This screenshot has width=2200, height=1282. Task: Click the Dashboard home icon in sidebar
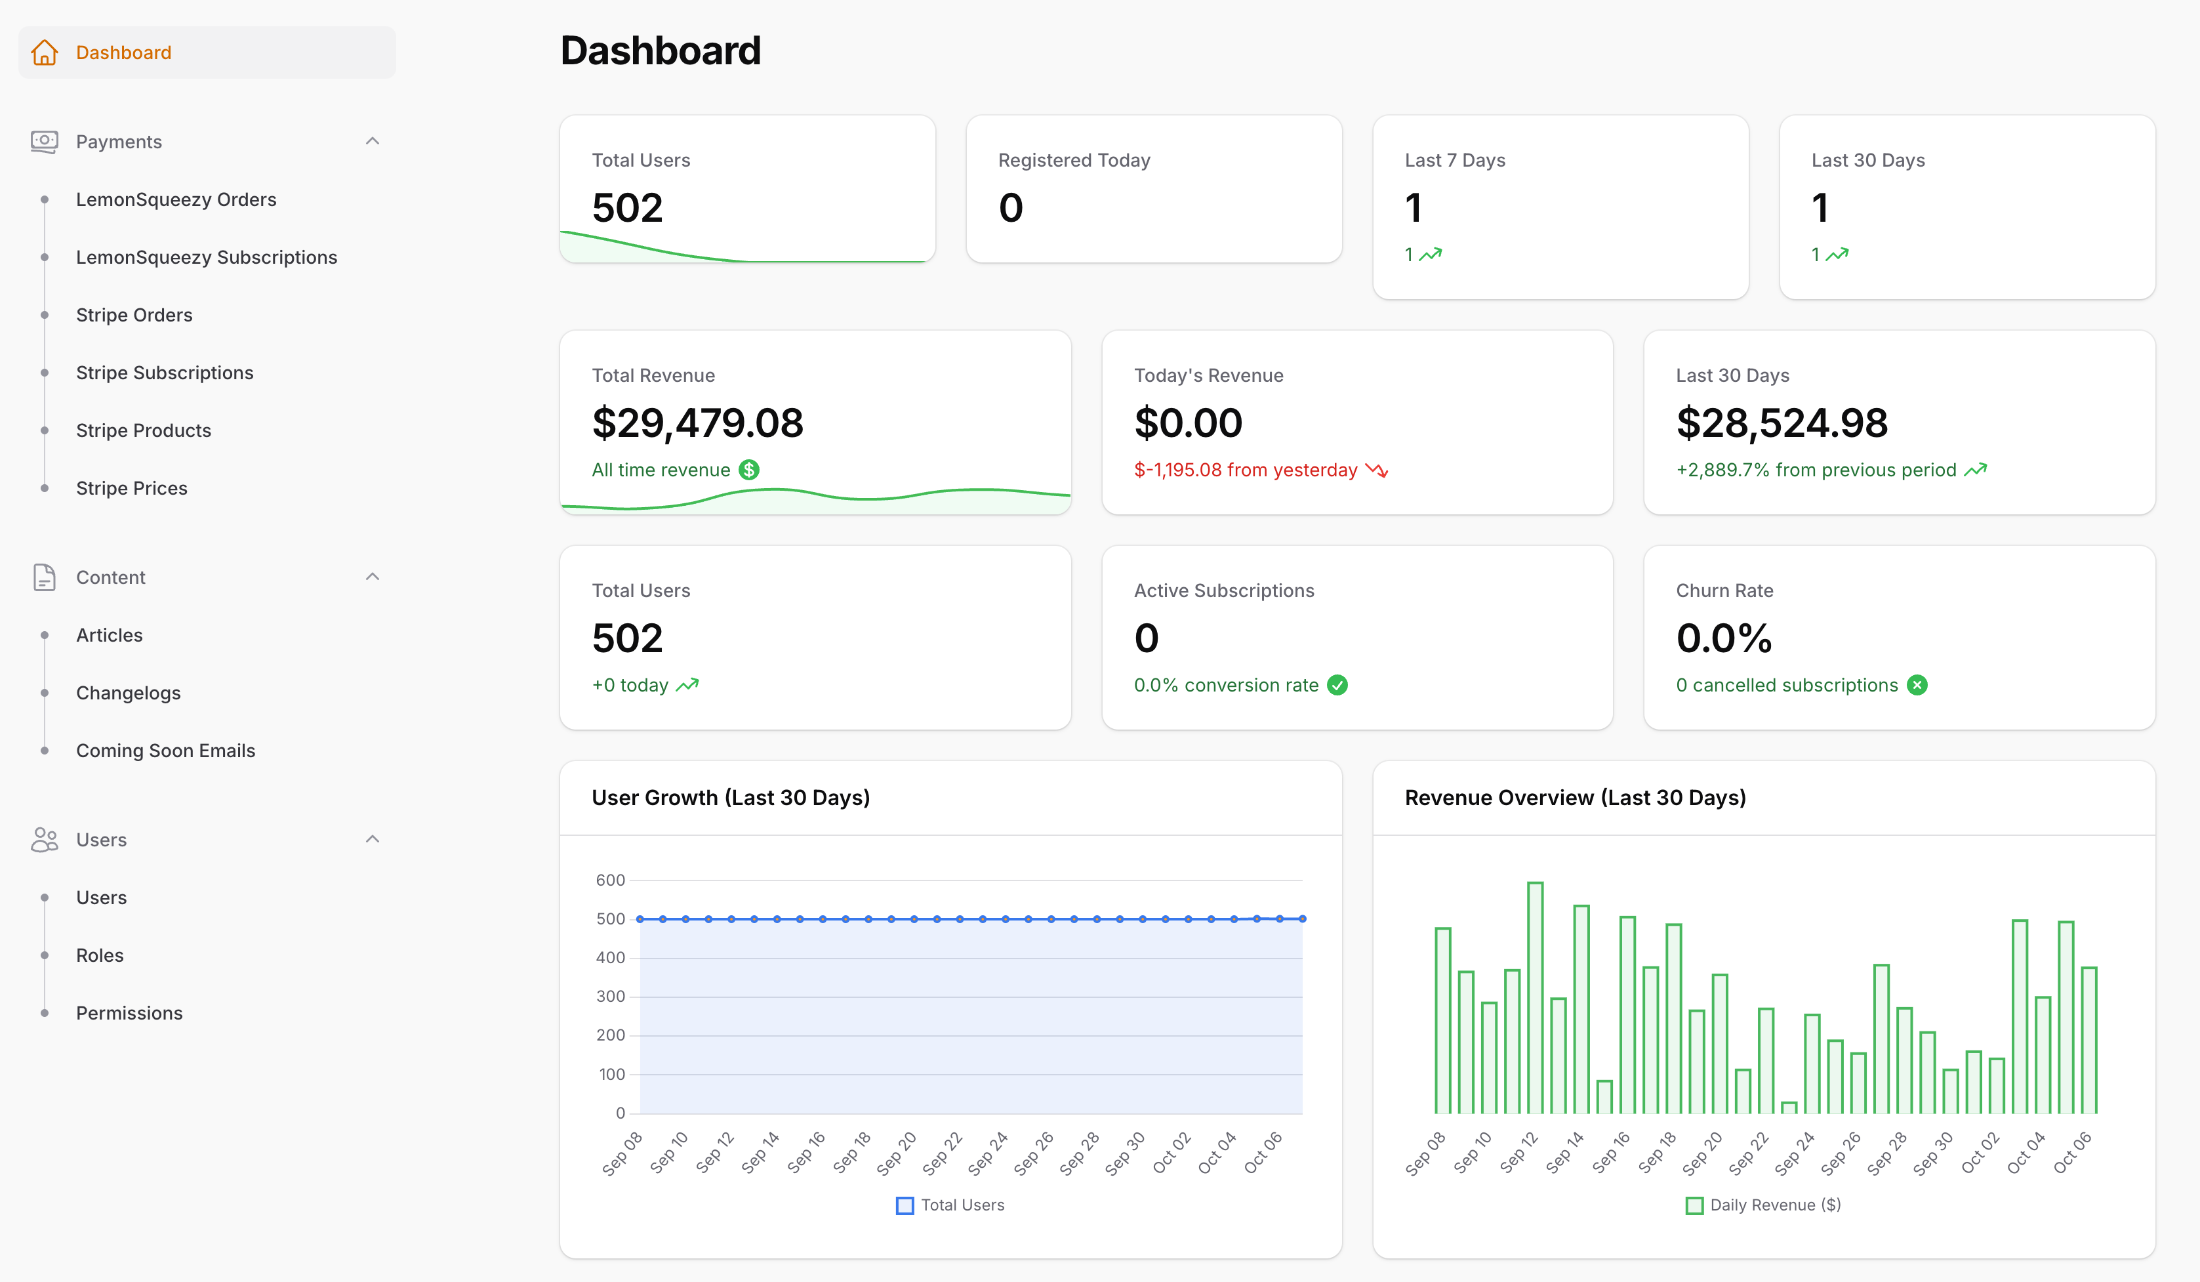coord(45,52)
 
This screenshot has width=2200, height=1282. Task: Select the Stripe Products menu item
coord(143,430)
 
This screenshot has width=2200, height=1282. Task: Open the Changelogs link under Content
coord(129,693)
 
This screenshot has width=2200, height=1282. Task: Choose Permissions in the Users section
coord(129,1012)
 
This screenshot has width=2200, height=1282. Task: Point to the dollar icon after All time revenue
coord(749,470)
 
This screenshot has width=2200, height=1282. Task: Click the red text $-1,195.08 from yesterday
coord(1245,470)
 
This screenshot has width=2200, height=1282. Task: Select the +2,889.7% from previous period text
coord(1816,470)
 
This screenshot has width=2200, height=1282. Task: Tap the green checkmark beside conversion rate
coord(1337,685)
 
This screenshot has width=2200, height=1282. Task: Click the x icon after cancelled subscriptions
coord(1917,685)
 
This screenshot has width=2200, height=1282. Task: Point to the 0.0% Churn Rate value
coord(1723,638)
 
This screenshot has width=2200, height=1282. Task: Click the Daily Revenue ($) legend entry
coord(1764,1205)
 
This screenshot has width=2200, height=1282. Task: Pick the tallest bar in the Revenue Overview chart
coord(1535,997)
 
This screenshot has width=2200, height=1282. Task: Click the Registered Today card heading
coord(1074,160)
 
